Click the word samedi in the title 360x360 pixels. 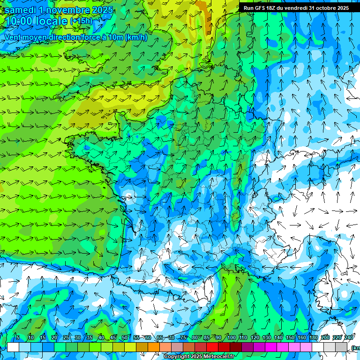19,10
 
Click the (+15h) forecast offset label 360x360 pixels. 81,21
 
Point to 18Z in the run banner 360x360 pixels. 271,8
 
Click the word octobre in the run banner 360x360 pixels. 323,8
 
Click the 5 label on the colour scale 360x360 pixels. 17,337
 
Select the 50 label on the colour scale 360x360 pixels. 124,337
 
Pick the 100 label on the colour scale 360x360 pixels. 232,337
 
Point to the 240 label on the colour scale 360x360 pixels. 349,337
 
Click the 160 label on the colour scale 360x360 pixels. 302,337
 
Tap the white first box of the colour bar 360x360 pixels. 13,347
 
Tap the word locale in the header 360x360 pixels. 53,22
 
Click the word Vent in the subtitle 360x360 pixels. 13,37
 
